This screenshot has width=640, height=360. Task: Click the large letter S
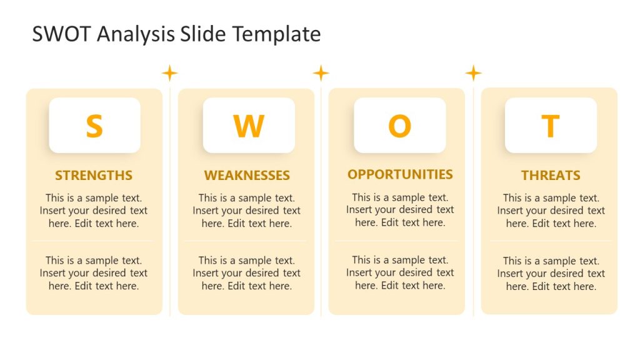(94, 126)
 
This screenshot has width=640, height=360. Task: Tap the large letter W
(248, 126)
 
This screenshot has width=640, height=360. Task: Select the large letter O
(399, 126)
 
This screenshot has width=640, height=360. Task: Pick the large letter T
(550, 126)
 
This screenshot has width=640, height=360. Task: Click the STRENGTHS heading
(94, 176)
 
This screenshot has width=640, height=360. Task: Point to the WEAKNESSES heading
(247, 176)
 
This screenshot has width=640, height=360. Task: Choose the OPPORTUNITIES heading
(400, 174)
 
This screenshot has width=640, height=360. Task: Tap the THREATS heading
(551, 176)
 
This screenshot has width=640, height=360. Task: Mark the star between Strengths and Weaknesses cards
(169, 73)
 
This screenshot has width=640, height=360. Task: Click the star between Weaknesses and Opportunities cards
(321, 73)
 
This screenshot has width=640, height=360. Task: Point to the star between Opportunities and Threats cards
(473, 73)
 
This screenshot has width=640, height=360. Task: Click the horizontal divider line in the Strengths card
(94, 241)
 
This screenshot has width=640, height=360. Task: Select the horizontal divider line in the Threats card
(551, 241)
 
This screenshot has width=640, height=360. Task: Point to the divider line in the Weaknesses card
(247, 241)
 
